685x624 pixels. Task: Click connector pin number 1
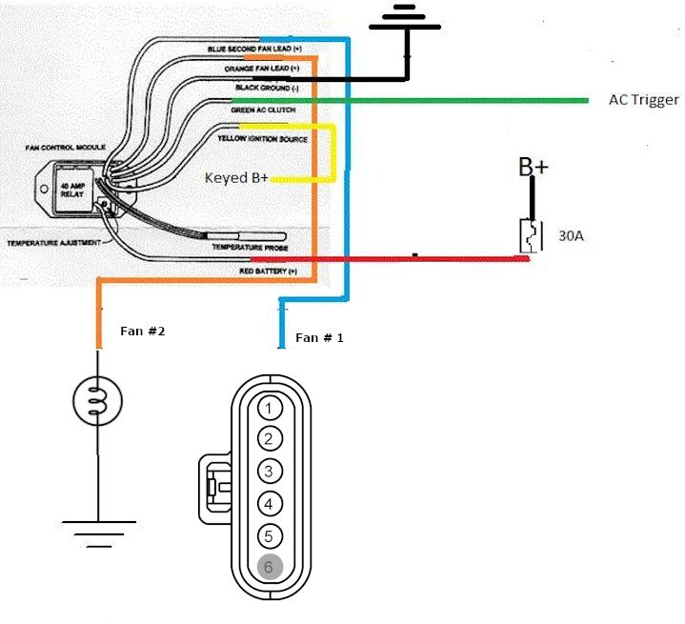pyautogui.click(x=270, y=409)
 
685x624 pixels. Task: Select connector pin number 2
pyautogui.click(x=270, y=439)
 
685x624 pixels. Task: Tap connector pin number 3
pyautogui.click(x=270, y=472)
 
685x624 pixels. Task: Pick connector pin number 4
pyautogui.click(x=270, y=504)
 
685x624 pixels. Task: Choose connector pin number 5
pyautogui.click(x=270, y=535)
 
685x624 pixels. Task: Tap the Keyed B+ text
pyautogui.click(x=235, y=178)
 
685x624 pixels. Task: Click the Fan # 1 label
pyautogui.click(x=319, y=338)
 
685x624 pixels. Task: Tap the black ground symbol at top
pyautogui.click(x=408, y=18)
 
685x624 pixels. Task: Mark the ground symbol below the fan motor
pyautogui.click(x=98, y=530)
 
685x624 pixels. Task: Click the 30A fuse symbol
pyautogui.click(x=530, y=235)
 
